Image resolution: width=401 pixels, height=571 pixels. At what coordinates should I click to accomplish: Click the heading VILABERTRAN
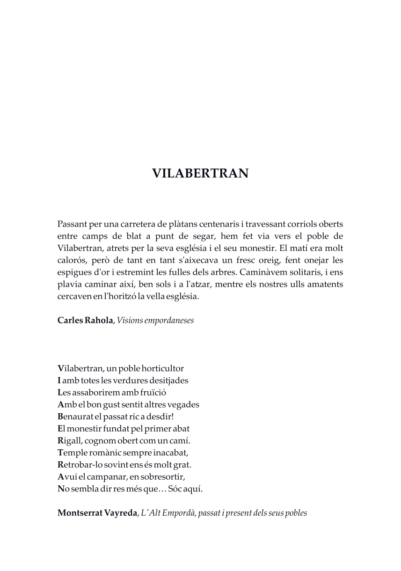pos(200,174)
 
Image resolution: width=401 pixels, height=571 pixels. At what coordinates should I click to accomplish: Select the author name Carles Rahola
pos(85,321)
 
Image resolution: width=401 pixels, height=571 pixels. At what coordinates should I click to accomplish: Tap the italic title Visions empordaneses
pos(155,321)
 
